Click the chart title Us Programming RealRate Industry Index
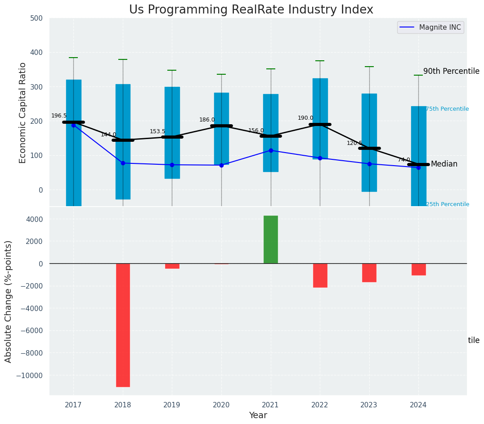point(251,10)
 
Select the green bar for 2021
point(271,239)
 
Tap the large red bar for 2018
point(123,325)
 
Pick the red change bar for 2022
point(320,275)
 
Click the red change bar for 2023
point(369,273)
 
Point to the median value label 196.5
point(59,116)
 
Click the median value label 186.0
point(207,120)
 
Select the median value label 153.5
point(157,131)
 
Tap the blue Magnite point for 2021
point(271,150)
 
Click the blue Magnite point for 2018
point(123,163)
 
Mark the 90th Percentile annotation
point(451,71)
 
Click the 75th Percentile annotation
point(447,109)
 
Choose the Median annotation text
point(444,164)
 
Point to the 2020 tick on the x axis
point(221,405)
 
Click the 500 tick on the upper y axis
point(36,18)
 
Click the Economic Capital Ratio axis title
point(23,113)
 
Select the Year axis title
point(258,415)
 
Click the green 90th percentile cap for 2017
point(73,58)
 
